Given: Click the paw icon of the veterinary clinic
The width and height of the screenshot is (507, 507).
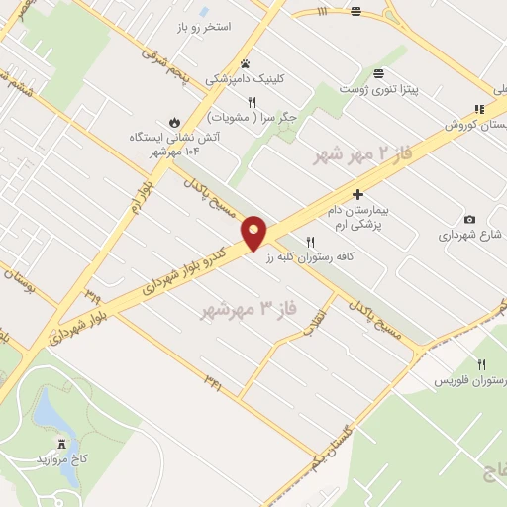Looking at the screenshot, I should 245,62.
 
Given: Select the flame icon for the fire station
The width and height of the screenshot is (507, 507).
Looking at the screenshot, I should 175,123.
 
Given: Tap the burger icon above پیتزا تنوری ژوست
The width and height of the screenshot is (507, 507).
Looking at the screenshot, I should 379,74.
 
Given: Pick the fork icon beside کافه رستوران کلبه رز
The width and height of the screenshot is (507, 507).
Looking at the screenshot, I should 310,241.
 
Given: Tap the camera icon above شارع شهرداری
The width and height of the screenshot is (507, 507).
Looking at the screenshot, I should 469,219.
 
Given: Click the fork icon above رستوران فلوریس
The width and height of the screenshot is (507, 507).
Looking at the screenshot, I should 482,364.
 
